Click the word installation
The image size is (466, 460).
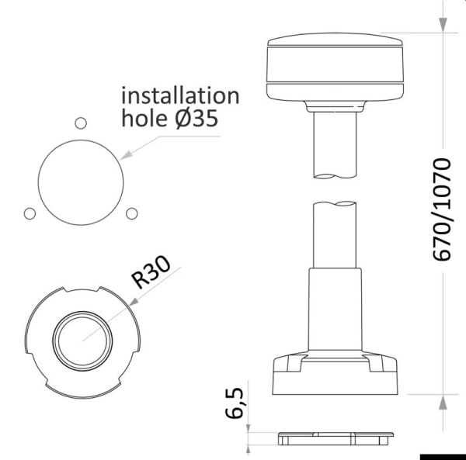coord(179,95)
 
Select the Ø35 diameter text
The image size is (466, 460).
coord(192,119)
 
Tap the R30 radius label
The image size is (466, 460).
coord(151,273)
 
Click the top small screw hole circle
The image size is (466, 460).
coord(78,122)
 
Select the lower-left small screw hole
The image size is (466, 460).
coord(30,213)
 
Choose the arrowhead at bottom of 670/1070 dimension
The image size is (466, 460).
coord(443,403)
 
